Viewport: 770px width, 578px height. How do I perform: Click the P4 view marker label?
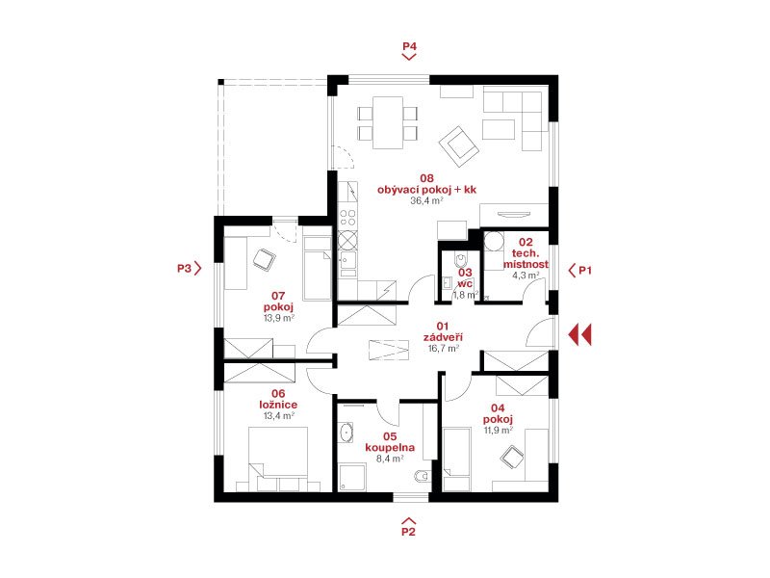pos(409,46)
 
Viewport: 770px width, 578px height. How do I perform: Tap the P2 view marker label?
pos(408,532)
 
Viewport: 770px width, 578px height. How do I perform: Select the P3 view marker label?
pos(184,269)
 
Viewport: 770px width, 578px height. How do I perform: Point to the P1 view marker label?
pos(585,270)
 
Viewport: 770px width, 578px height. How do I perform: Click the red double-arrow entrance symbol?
pos(580,335)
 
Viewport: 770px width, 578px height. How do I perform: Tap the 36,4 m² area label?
pos(426,200)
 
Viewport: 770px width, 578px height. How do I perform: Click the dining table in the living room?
pos(388,122)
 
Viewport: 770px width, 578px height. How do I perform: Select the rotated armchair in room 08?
pos(459,146)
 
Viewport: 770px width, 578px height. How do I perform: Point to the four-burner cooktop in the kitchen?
pos(347,218)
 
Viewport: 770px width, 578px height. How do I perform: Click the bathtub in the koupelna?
pos(346,433)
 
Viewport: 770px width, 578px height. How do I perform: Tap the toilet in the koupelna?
pos(423,476)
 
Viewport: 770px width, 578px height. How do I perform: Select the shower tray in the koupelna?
pos(352,478)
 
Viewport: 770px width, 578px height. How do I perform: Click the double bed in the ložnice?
pos(278,460)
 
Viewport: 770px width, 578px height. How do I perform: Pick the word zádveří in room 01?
pos(443,337)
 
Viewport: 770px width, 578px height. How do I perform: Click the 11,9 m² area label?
pos(499,430)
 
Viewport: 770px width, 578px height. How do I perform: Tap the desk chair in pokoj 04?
pos(512,457)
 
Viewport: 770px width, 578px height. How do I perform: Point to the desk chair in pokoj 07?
pos(264,258)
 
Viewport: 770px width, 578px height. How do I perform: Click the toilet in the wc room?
pos(461,258)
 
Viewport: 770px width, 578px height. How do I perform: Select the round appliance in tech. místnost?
pos(494,243)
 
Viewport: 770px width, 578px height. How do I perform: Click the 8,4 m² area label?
pos(390,459)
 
